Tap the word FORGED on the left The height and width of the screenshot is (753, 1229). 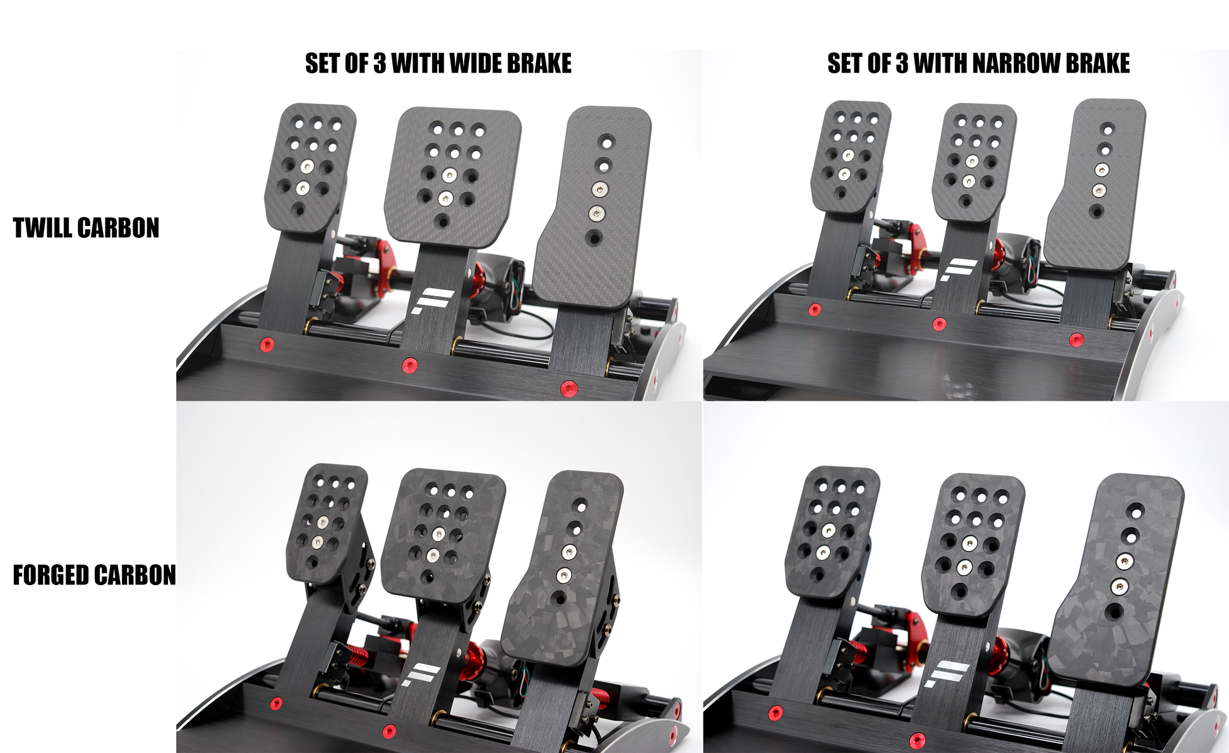[51, 576]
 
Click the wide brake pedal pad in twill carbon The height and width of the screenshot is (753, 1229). [453, 174]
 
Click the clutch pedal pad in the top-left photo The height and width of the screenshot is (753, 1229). [309, 167]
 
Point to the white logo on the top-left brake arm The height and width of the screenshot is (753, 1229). [431, 301]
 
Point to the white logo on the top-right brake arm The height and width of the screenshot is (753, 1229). [956, 270]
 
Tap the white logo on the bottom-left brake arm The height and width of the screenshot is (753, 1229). [421, 675]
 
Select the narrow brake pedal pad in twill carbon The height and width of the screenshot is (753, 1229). [973, 161]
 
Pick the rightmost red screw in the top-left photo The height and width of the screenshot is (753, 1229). [568, 389]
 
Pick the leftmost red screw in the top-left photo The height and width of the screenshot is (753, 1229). [267, 345]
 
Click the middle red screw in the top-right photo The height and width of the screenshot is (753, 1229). [939, 324]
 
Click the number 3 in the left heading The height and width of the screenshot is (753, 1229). [380, 64]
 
